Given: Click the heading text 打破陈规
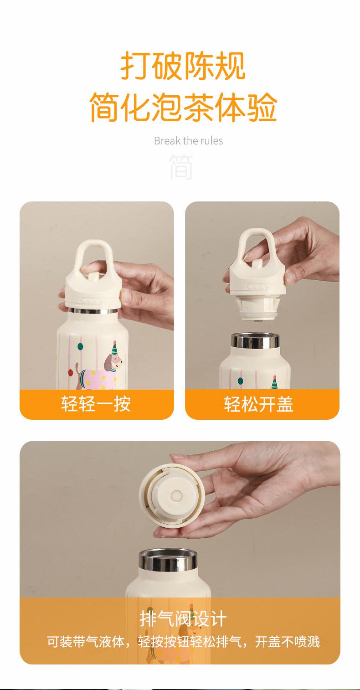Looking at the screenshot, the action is coord(183,66).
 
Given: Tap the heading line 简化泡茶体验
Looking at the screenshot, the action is coord(183,107).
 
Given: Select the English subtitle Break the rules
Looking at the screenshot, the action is coord(189,141).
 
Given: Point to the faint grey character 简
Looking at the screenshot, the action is coord(181,167).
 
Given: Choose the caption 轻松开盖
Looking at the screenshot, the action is coord(258,404).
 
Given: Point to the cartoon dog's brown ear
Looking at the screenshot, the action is coord(108,363).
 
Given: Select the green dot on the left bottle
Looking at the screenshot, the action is coord(80,347).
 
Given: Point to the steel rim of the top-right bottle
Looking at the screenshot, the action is coord(255,340).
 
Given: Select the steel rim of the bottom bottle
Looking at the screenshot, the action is coord(168,560).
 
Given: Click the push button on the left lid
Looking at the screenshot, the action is coord(93,275).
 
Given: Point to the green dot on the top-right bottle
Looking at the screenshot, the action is coord(241,381).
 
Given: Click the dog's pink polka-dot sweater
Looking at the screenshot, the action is coord(97,378).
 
